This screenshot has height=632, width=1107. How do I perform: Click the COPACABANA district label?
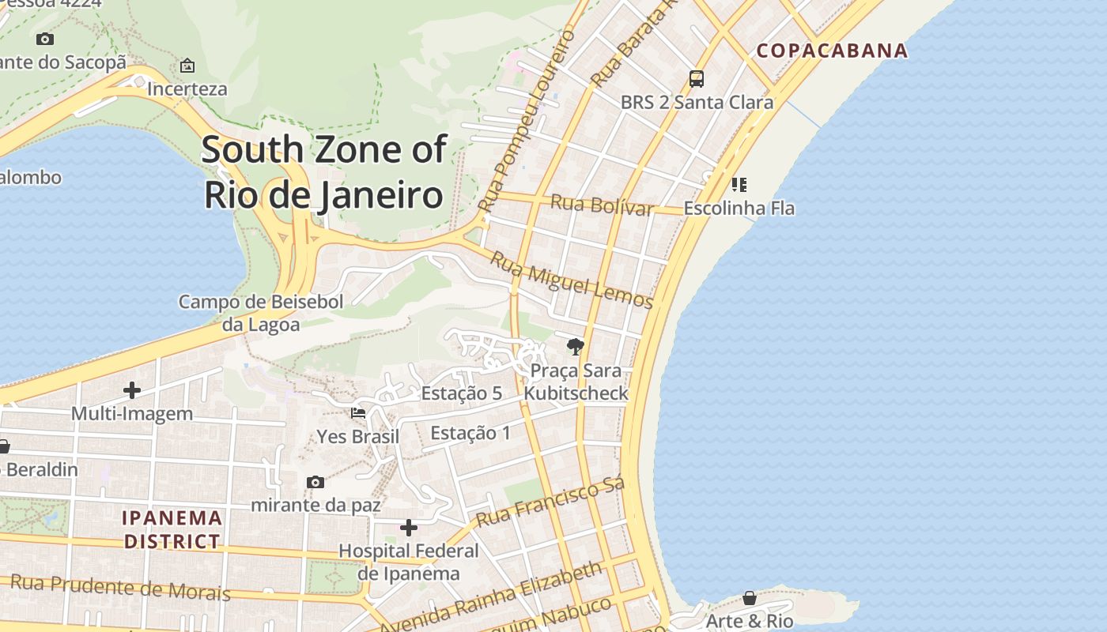(832, 51)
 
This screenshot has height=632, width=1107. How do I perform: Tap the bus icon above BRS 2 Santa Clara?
(696, 79)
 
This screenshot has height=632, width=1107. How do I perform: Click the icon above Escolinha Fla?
(739, 185)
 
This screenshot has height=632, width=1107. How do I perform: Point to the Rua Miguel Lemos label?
(571, 280)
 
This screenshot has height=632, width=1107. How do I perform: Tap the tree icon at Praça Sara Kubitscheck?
(576, 346)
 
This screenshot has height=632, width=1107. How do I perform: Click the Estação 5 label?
(461, 393)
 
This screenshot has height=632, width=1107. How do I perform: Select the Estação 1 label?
(470, 433)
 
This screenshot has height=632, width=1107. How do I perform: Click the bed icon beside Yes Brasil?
(358, 412)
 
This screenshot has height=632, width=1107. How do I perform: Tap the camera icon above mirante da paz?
(315, 482)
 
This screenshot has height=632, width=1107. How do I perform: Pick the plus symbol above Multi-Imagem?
(132, 389)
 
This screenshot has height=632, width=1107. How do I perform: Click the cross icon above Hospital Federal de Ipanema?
(409, 527)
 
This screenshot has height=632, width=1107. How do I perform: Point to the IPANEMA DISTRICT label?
(172, 529)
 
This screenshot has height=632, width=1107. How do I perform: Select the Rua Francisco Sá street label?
(551, 502)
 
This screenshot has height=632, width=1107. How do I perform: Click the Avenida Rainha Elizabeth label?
(490, 596)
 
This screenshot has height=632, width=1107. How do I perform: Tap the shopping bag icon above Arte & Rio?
(749, 598)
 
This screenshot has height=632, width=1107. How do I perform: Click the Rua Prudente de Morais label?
(120, 588)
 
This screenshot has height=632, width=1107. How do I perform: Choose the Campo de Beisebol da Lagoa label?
(261, 313)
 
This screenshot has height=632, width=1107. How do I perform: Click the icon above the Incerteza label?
(187, 66)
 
